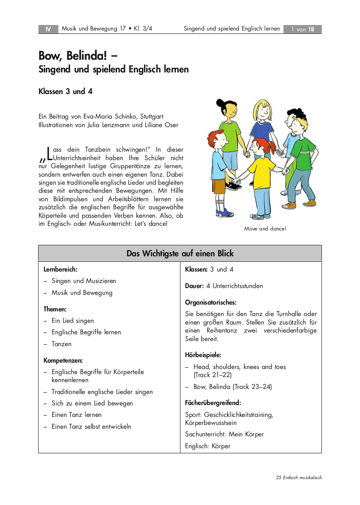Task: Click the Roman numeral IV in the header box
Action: coord(48,29)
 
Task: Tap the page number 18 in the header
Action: coord(311,29)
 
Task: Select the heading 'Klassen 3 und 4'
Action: coord(66,91)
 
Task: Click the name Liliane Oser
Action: coord(163,125)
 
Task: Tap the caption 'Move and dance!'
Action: coord(265,228)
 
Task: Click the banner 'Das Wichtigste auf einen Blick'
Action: coord(180,253)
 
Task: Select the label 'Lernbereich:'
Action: coord(60,269)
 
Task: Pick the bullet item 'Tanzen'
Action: coord(61,344)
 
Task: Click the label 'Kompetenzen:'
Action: coord(63,361)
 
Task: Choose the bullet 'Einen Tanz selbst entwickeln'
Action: coord(91,427)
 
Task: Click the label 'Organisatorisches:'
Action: coord(210,302)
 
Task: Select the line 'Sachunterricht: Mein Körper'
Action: coord(224,434)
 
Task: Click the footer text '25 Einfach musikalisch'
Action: coord(299,477)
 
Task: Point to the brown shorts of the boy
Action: coord(219,187)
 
